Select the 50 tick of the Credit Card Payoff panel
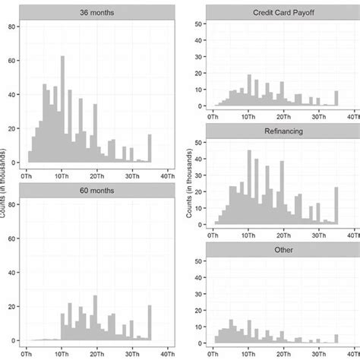click(x=198, y=25)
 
